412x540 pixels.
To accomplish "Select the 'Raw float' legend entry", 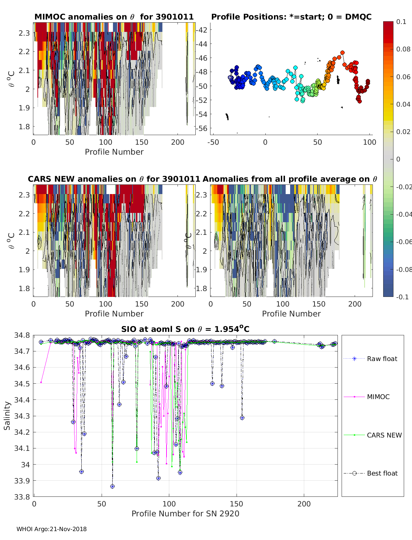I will click(x=382, y=359).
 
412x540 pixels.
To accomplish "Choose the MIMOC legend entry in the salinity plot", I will click(x=378, y=397).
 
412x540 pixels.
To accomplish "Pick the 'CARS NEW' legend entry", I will click(x=384, y=435).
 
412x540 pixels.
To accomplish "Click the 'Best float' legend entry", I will click(x=382, y=473).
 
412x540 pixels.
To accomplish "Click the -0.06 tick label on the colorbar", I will click(x=403, y=242).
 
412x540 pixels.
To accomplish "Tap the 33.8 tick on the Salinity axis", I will click(x=22, y=497).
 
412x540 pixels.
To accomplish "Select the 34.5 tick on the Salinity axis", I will click(x=22, y=384).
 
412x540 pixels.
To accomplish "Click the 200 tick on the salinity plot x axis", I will click(x=304, y=504).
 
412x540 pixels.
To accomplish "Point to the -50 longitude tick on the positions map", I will click(x=213, y=142).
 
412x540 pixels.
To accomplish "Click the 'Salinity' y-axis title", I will click(x=7, y=416).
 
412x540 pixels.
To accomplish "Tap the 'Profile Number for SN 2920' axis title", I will click(x=185, y=514).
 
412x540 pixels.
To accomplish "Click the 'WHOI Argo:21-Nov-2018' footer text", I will click(x=51, y=529).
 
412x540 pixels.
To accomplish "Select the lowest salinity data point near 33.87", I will click(x=112, y=486).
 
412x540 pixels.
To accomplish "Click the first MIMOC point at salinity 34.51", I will click(x=41, y=382).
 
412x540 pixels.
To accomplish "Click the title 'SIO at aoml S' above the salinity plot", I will click(x=185, y=329).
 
